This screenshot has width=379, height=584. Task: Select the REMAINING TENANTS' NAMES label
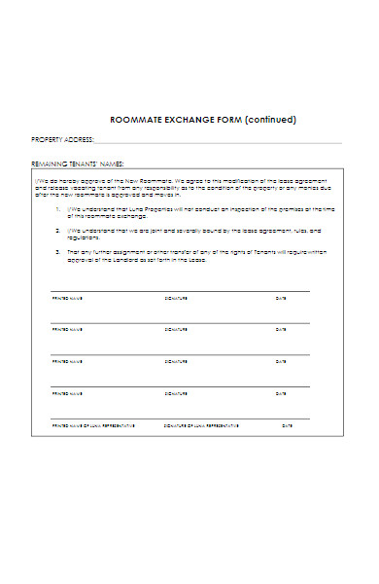point(78,164)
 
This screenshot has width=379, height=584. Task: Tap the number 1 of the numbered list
point(58,209)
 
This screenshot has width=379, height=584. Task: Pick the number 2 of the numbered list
point(58,231)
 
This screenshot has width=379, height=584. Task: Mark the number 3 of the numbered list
point(58,251)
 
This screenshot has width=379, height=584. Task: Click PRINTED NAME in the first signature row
point(67,298)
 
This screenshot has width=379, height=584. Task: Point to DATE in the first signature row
point(281,298)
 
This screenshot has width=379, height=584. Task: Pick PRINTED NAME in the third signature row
point(67,362)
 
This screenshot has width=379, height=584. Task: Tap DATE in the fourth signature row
point(281,394)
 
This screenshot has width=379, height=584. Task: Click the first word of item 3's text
point(74,251)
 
